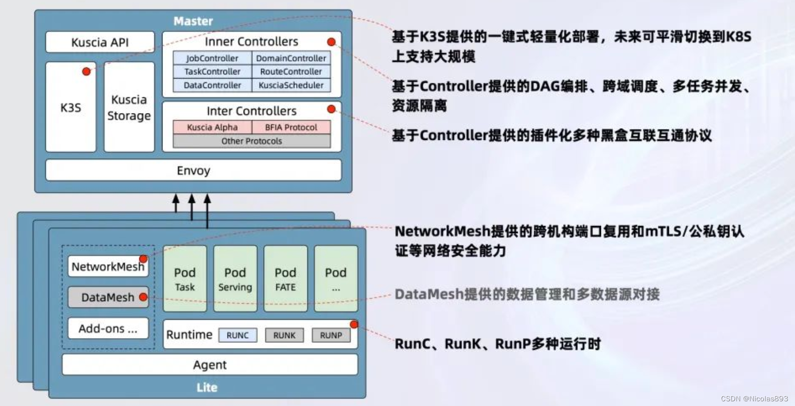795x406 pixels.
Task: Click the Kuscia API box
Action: pyautogui.click(x=100, y=42)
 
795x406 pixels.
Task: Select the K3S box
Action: pyautogui.click(x=71, y=107)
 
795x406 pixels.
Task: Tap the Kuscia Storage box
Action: pyautogui.click(x=129, y=107)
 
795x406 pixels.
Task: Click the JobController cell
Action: pyautogui.click(x=212, y=58)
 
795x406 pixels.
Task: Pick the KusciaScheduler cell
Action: pyautogui.click(x=291, y=85)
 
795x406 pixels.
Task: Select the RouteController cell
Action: pyautogui.click(x=291, y=72)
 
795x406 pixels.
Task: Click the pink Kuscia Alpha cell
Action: pyautogui.click(x=212, y=127)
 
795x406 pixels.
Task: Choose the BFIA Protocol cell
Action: pyautogui.click(x=291, y=127)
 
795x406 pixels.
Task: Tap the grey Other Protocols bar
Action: pyautogui.click(x=251, y=141)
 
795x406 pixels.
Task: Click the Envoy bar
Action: pyautogui.click(x=193, y=171)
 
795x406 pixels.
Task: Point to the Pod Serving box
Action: pyautogui.click(x=235, y=279)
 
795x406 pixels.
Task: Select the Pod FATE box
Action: pyautogui.click(x=285, y=279)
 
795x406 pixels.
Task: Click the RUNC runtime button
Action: pyautogui.click(x=237, y=335)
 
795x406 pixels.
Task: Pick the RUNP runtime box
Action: pyautogui.click(x=331, y=335)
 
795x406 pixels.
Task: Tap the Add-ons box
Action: pyautogui.click(x=108, y=328)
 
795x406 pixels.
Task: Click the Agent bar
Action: pyautogui.click(x=210, y=365)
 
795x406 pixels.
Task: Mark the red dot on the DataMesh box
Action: pyautogui.click(x=144, y=297)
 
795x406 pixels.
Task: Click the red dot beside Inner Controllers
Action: pyautogui.click(x=332, y=42)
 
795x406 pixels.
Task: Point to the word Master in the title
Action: pyautogui.click(x=193, y=21)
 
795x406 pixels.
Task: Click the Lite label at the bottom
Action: pyautogui.click(x=207, y=387)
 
